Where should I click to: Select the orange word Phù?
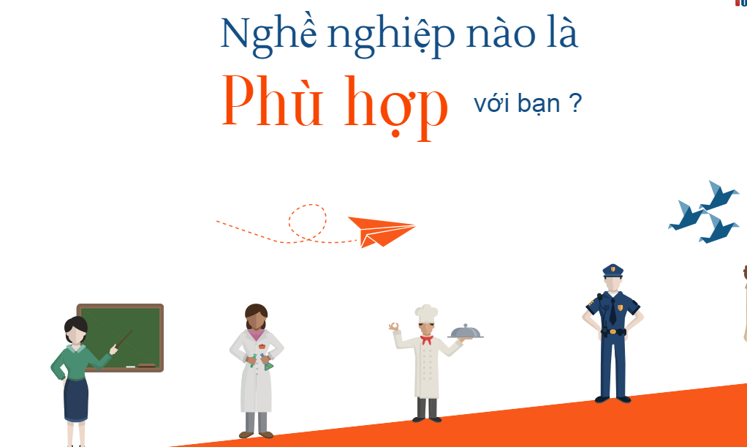273,102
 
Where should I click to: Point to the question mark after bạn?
575,104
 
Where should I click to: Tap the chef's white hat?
426,312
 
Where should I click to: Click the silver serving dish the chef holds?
466,333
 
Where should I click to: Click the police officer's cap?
613,270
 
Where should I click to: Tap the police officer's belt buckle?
613,331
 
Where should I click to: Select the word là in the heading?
558,34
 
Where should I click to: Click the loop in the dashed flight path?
307,222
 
